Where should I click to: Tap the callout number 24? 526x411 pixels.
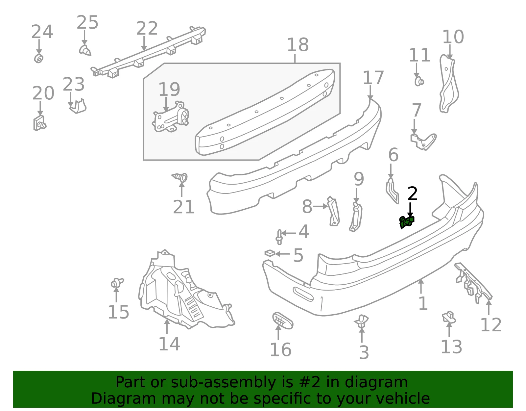click(x=42, y=32)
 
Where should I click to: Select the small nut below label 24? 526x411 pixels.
click(x=39, y=59)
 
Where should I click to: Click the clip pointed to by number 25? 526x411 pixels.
click(x=85, y=50)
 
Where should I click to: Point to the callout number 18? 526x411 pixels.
click(x=298, y=45)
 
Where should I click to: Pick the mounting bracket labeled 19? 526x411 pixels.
click(x=171, y=117)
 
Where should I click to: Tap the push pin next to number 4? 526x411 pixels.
click(x=279, y=237)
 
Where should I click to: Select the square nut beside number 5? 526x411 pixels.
click(x=270, y=253)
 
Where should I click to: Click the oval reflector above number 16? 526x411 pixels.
click(x=283, y=321)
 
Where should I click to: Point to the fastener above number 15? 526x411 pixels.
click(x=117, y=283)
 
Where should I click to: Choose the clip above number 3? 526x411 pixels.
click(x=361, y=321)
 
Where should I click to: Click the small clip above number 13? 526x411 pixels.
click(x=448, y=317)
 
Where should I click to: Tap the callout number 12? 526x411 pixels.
click(x=490, y=325)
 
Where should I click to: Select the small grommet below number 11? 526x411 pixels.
click(x=419, y=81)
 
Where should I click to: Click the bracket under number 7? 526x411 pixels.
click(x=423, y=141)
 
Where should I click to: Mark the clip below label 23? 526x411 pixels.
click(x=78, y=106)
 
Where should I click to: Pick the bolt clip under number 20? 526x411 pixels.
click(x=39, y=123)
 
